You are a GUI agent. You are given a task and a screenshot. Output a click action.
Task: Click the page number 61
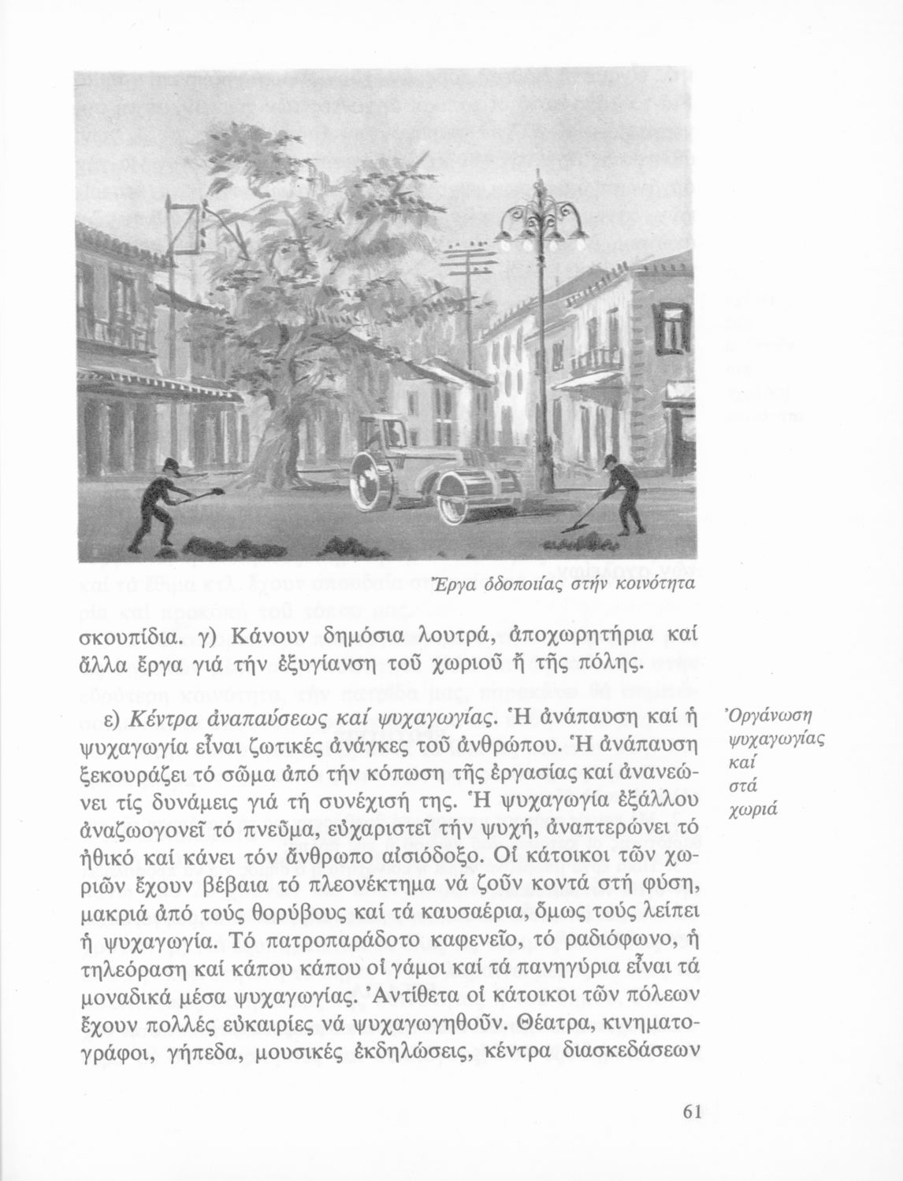point(692,1112)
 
